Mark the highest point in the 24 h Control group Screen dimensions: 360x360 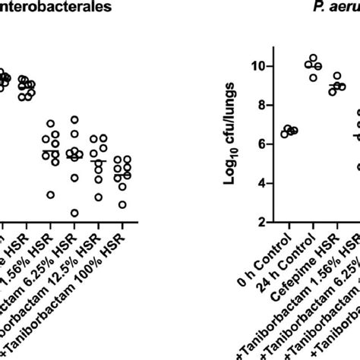(313, 58)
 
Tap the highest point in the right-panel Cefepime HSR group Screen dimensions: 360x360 (337, 76)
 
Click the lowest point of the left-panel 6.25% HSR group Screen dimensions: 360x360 (74, 213)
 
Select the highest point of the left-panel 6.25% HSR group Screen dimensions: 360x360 (74, 120)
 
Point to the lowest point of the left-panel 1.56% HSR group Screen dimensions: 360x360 (51, 195)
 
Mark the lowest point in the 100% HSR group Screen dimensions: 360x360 (123, 205)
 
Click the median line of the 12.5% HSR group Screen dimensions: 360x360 (99, 161)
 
